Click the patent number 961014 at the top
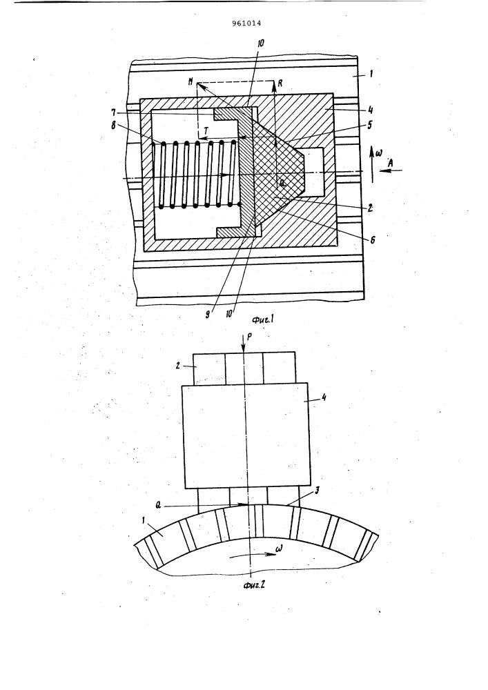coord(249,23)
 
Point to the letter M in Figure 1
coord(191,82)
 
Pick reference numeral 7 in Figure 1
coord(113,112)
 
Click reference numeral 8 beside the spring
coord(113,126)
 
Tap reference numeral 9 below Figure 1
coord(207,315)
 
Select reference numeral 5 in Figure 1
coord(370,124)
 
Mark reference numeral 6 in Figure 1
coord(373,240)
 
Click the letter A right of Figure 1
coord(390,164)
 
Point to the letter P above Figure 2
coord(251,335)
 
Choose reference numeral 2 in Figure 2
coord(178,365)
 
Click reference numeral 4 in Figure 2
coord(324,398)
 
